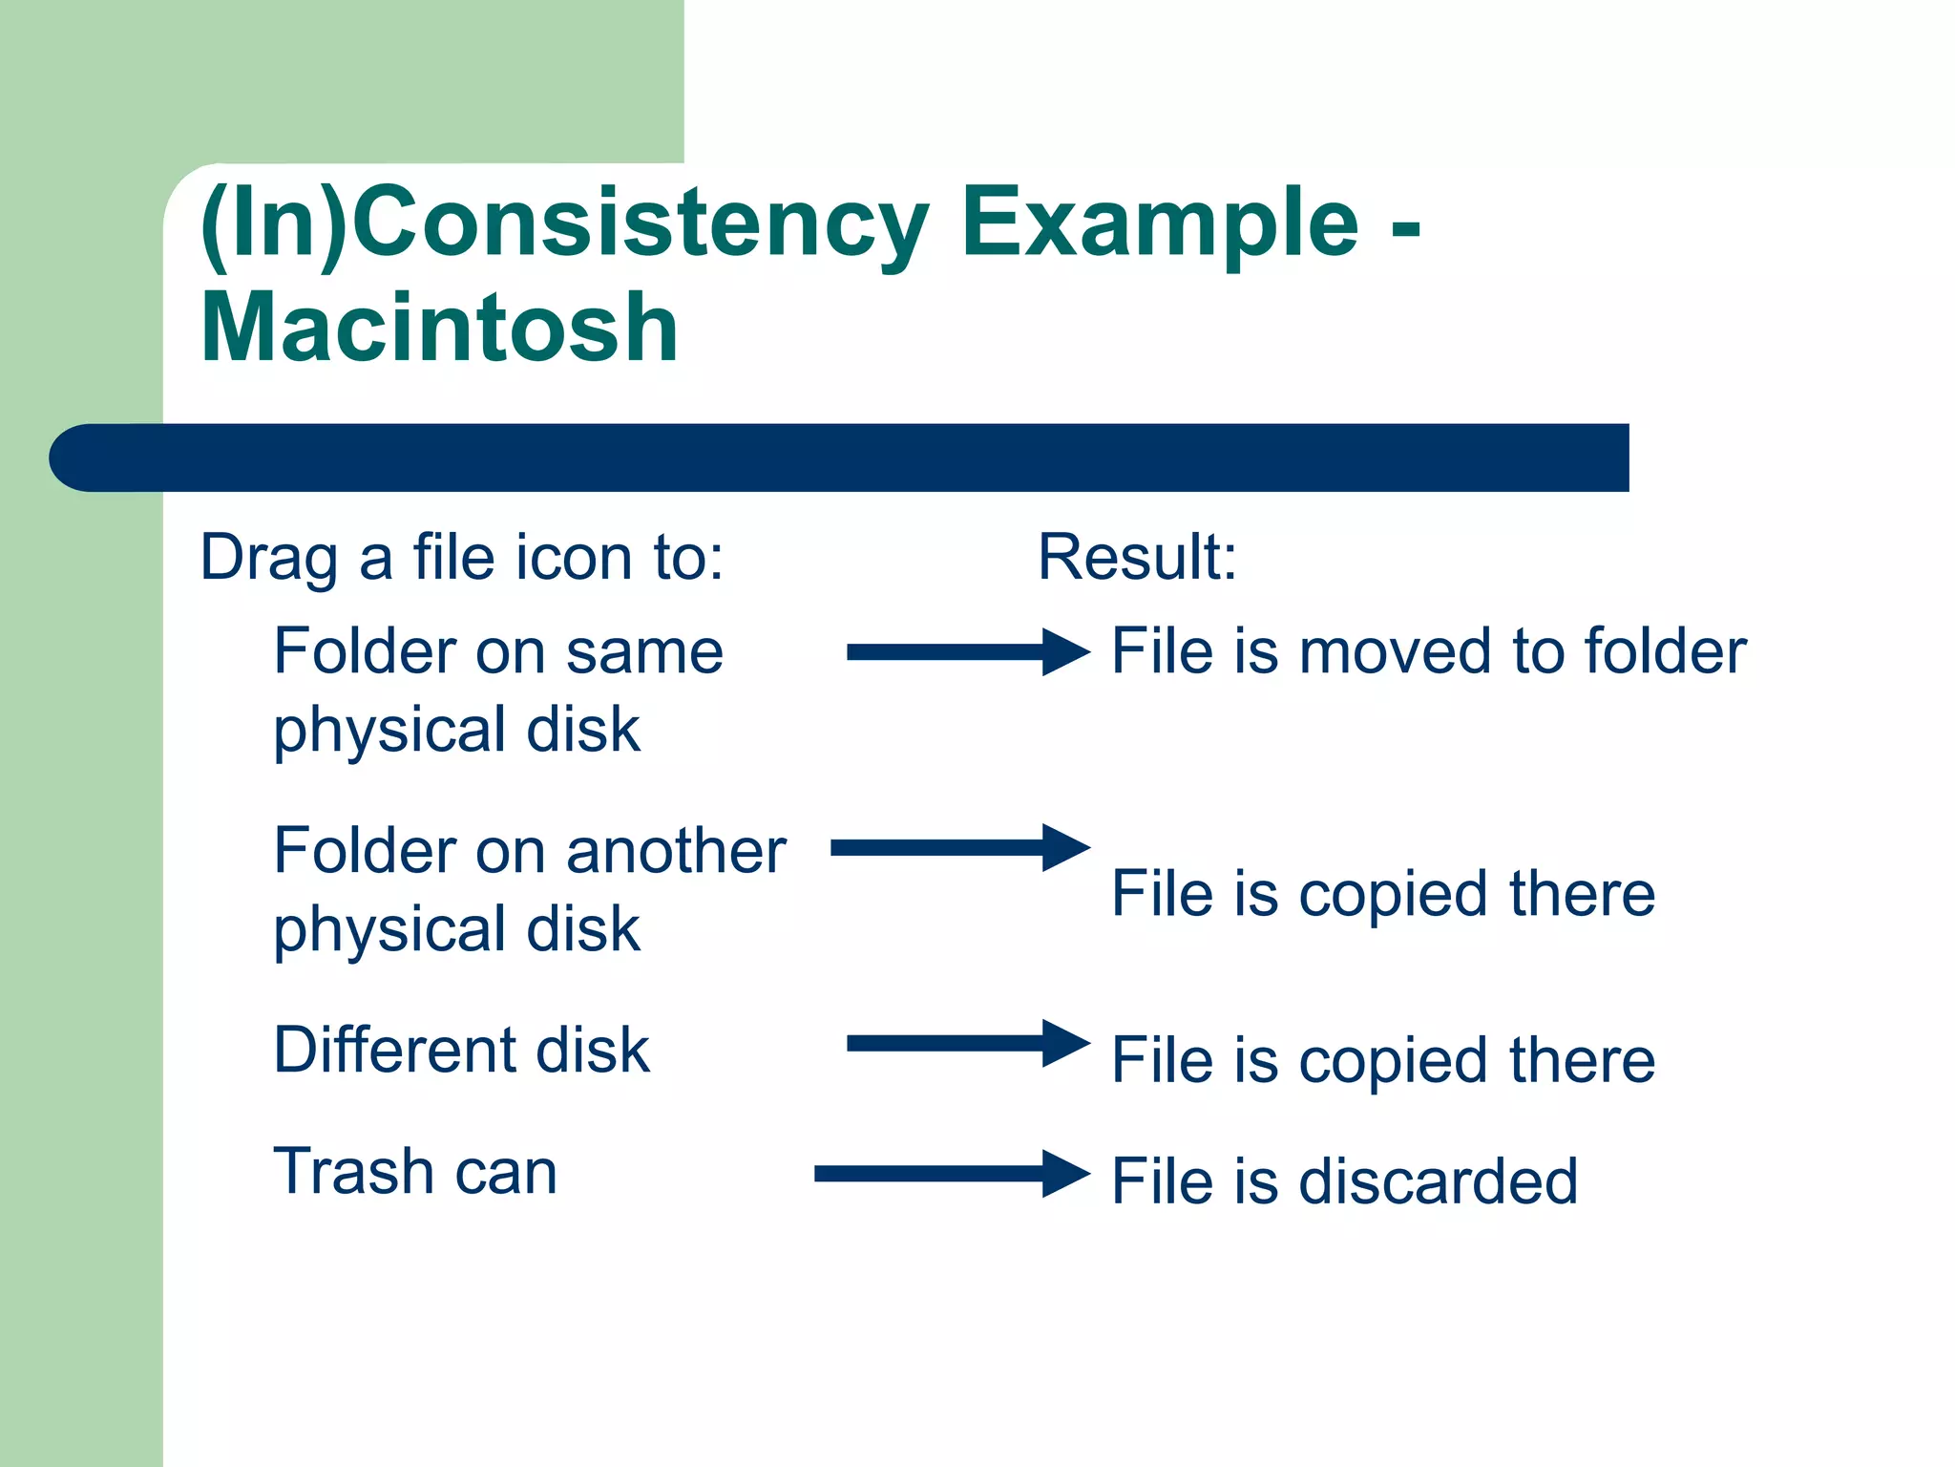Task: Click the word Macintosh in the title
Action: [439, 329]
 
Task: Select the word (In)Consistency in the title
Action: [563, 224]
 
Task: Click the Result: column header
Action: [1137, 557]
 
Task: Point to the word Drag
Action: [268, 557]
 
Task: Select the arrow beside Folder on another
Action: [958, 847]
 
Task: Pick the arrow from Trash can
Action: [950, 1174]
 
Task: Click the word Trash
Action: [353, 1172]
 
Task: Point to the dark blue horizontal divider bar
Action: [840, 457]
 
